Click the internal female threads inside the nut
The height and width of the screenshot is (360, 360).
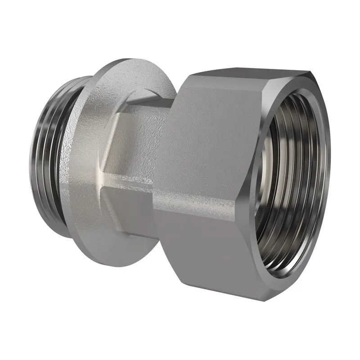click(288, 180)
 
